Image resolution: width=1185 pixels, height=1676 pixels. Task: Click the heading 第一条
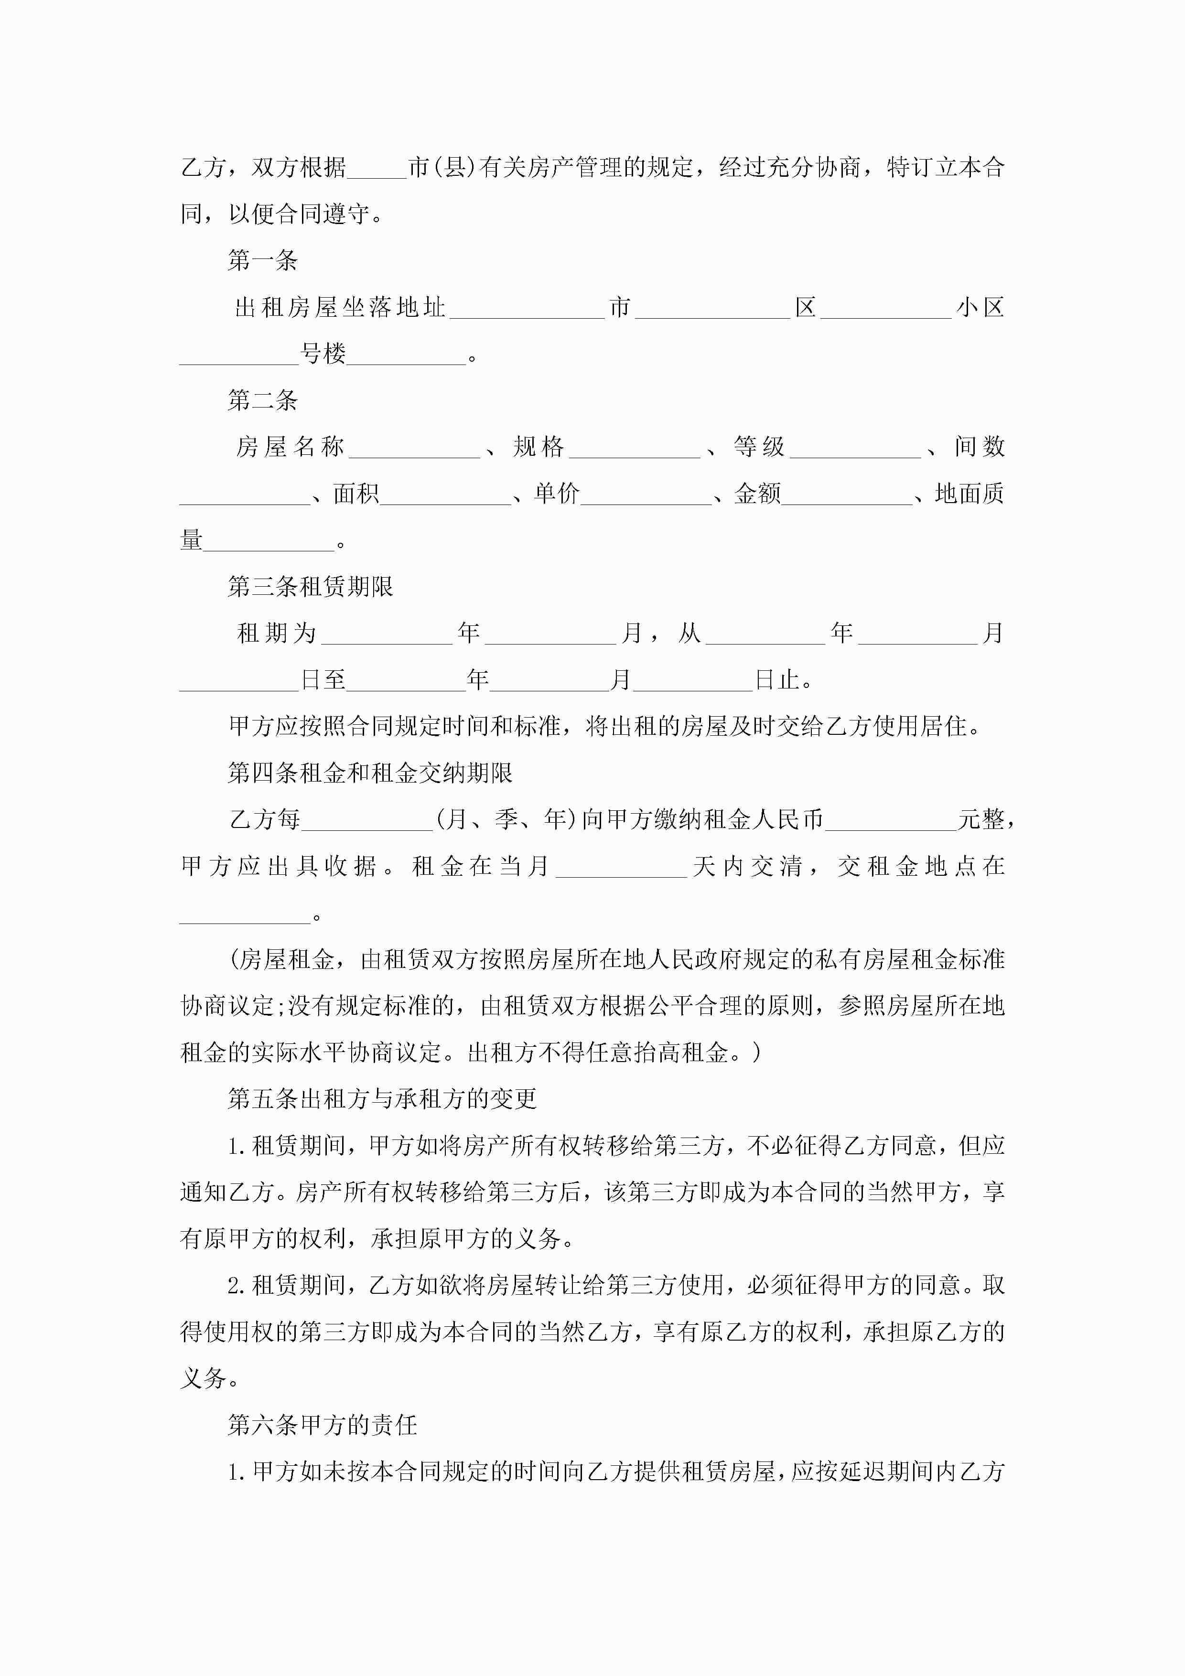(262, 260)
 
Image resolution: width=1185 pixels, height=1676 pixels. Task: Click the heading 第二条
(262, 400)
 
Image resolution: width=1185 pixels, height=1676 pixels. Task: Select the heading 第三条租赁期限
(310, 586)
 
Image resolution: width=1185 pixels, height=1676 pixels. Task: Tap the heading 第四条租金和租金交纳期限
(370, 772)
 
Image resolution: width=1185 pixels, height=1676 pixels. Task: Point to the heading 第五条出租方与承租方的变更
(382, 1098)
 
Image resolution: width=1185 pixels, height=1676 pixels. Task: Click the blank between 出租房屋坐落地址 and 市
(527, 310)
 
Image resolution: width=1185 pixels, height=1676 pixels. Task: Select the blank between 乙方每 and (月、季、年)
(367, 821)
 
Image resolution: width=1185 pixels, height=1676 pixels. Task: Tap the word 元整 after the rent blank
(980, 819)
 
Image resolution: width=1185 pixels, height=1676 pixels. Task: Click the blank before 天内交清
(621, 868)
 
